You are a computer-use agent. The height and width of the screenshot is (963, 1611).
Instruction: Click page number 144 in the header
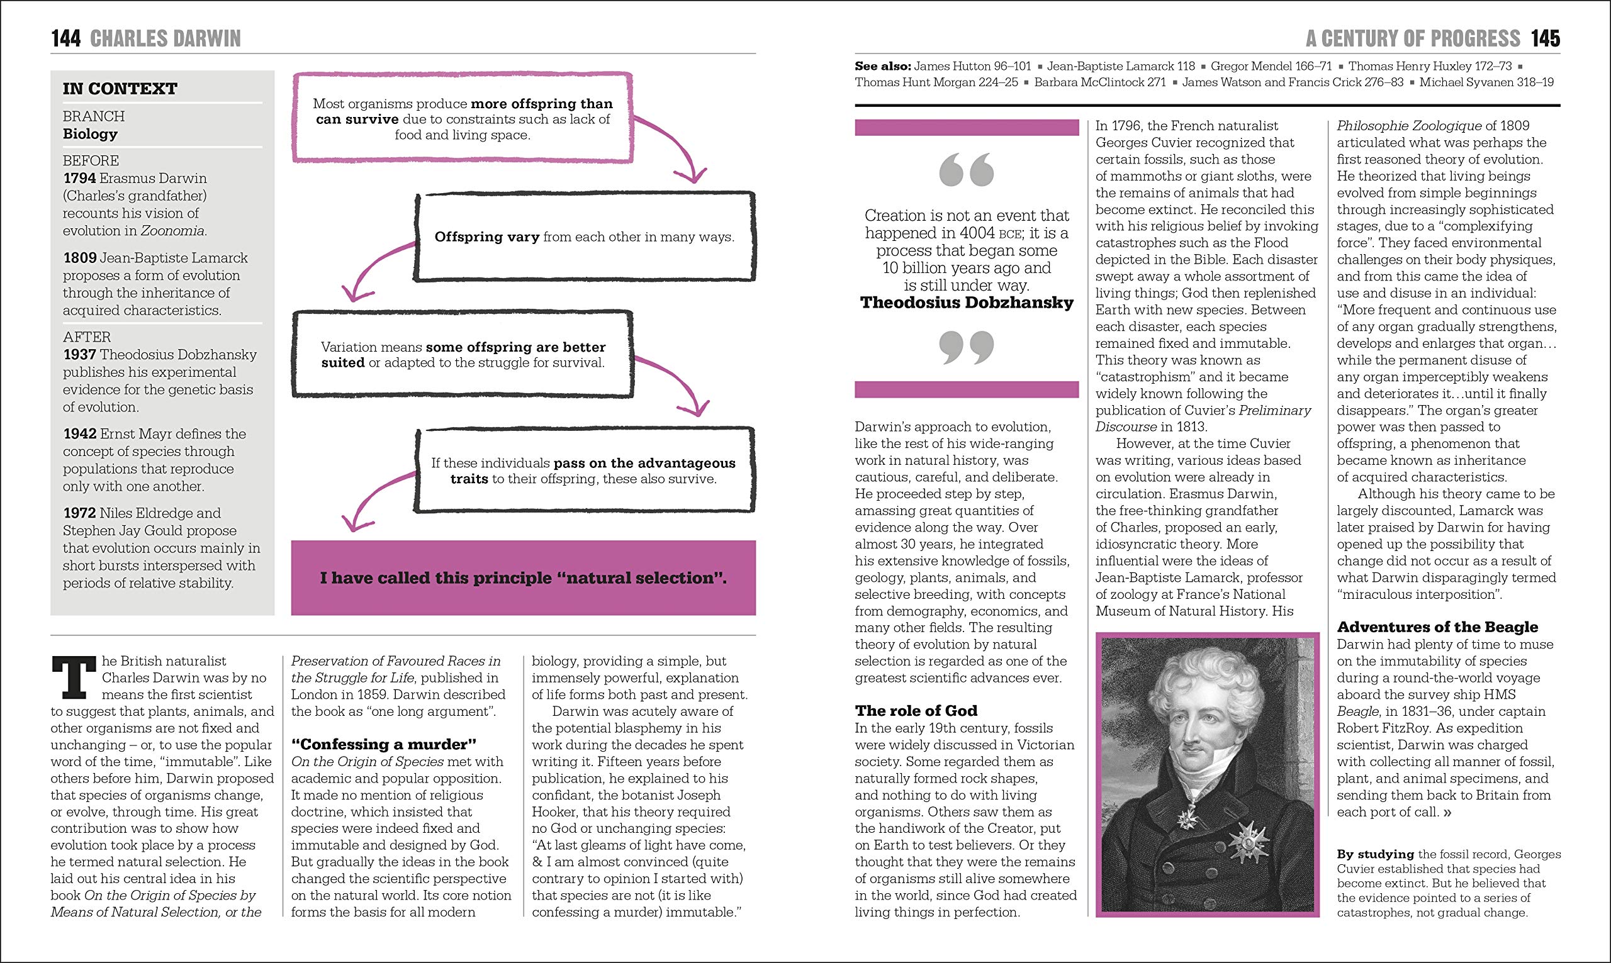(x=65, y=39)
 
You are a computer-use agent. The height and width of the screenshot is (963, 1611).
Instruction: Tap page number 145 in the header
(x=1545, y=39)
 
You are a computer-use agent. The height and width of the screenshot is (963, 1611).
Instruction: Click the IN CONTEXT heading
(x=120, y=89)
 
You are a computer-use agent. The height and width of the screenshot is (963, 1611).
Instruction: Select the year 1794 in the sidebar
(x=80, y=179)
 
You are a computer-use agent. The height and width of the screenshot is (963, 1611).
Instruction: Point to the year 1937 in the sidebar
(x=80, y=355)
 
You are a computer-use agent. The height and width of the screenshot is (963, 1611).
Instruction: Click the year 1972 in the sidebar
(x=80, y=513)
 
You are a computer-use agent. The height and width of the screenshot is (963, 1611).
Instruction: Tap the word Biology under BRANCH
(x=90, y=135)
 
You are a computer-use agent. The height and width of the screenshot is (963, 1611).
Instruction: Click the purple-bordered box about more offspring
(x=462, y=119)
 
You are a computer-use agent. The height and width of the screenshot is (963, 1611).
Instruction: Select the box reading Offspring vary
(x=584, y=237)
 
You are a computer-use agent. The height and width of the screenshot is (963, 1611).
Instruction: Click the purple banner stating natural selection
(x=523, y=577)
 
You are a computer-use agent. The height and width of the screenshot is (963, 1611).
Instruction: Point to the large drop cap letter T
(x=74, y=677)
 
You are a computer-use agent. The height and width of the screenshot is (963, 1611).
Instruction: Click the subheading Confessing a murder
(x=384, y=744)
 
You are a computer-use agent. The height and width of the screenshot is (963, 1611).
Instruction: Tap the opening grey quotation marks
(x=966, y=170)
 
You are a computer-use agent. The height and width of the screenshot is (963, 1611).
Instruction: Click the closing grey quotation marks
(x=966, y=347)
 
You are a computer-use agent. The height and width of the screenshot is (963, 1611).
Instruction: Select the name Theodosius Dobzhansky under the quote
(x=967, y=303)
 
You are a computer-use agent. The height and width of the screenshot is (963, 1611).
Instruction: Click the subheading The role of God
(x=916, y=711)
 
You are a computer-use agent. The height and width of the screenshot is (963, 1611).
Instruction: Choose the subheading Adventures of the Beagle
(x=1437, y=627)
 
